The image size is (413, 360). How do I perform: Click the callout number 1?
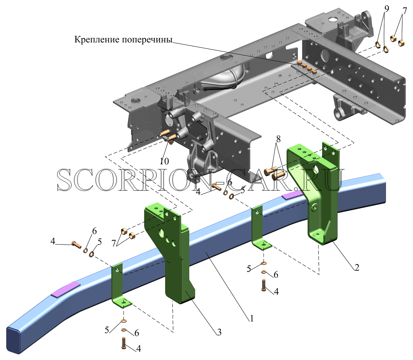tap(252, 318)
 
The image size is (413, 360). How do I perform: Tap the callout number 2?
tap(357, 267)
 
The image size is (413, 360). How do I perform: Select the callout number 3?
tap(219, 332)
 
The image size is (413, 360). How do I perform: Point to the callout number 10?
tap(164, 161)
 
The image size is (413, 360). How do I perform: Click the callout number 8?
tap(278, 139)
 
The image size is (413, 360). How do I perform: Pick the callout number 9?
tap(387, 9)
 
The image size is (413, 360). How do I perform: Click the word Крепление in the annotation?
tap(97, 39)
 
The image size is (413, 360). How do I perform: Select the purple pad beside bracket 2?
tap(292, 195)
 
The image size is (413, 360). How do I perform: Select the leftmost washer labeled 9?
tap(378, 45)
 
